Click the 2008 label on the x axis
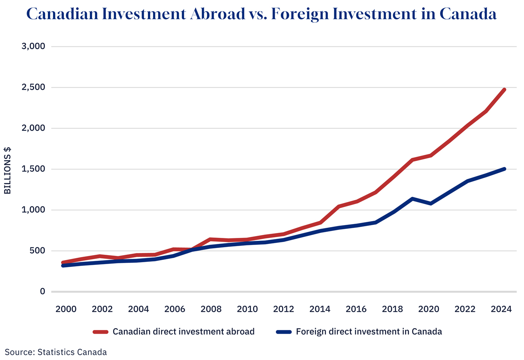coord(211,309)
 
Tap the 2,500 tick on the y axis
coord(33,87)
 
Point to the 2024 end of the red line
coord(504,90)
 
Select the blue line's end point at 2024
coord(504,169)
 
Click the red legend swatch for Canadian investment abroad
coord(100,332)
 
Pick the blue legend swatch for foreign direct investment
coord(284,332)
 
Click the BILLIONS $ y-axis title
coord(7,171)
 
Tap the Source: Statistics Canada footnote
coord(56,352)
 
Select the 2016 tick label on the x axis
coord(356,309)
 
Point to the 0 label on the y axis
coord(42,291)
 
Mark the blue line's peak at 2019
coord(412,199)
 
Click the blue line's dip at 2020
coord(430,203)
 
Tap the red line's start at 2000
coord(63,263)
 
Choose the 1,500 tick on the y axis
coord(33,169)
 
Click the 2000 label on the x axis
coord(66,309)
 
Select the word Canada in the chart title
coord(468,14)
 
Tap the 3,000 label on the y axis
coord(33,46)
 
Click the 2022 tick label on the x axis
coord(465,309)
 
